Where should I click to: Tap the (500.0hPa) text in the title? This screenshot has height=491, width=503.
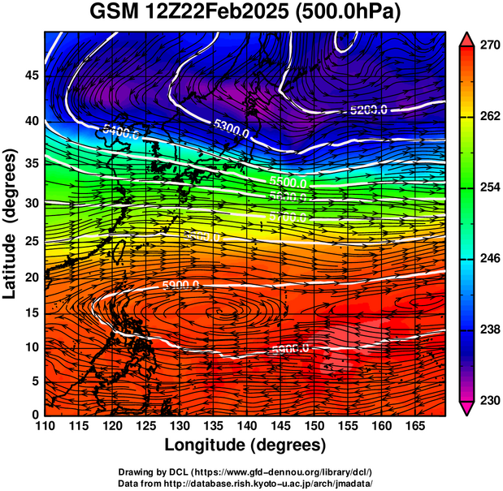[351, 12]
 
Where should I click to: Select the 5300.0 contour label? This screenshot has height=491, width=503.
[234, 125]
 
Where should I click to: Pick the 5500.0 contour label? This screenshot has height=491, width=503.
[288, 183]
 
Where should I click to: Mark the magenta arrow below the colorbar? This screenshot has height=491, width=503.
[466, 408]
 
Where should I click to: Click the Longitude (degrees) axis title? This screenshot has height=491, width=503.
[245, 446]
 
